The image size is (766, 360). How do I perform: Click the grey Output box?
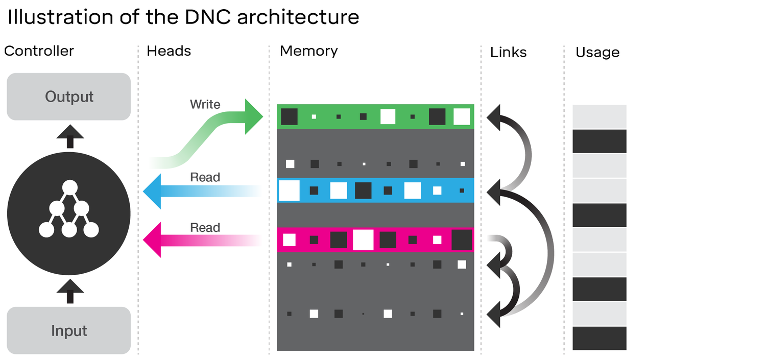[x=68, y=97]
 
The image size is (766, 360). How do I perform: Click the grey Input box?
[x=68, y=330]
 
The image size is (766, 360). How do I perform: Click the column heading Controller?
[x=39, y=51]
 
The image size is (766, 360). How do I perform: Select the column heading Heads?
[x=169, y=51]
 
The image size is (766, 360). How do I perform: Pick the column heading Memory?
[x=308, y=51]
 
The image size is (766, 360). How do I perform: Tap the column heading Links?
[x=508, y=52]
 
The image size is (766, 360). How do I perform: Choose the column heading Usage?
[x=597, y=52]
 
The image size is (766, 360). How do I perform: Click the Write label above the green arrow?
[x=205, y=104]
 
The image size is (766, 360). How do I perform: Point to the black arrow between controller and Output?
[x=70, y=137]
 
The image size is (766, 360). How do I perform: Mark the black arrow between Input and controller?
[x=70, y=291]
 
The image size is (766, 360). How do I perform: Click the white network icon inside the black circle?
[x=69, y=209]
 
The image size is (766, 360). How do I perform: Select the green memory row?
[x=375, y=116]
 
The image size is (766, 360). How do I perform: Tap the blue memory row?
[x=375, y=190]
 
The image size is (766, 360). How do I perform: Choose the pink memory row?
[x=375, y=239]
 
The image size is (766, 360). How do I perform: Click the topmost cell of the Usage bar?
[x=599, y=116]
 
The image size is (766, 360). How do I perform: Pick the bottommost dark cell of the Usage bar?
[x=599, y=338]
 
